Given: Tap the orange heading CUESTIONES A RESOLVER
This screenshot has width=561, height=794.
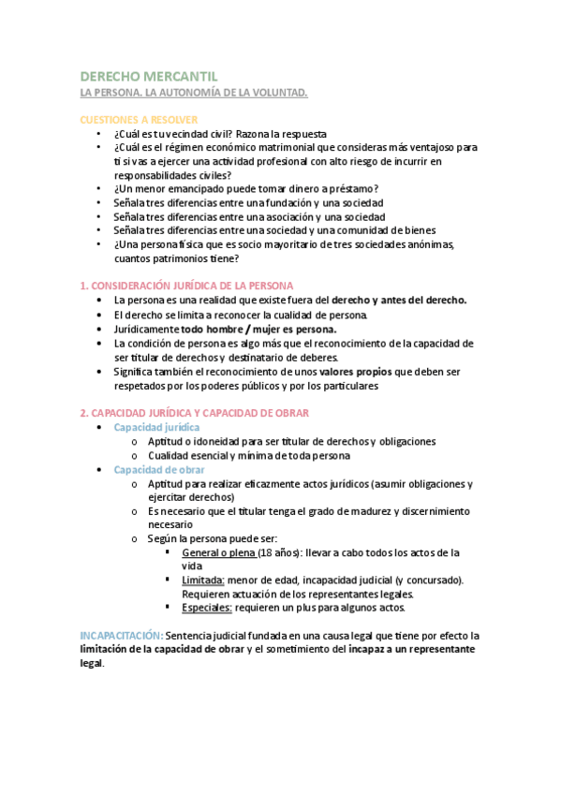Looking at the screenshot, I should coord(139,120).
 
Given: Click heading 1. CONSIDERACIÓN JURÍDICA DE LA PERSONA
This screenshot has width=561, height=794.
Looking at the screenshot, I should coord(187,285).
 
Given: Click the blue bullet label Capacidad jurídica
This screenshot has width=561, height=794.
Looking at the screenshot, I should coord(156,427).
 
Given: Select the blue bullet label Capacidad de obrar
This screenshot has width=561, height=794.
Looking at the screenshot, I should coord(159,469).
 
